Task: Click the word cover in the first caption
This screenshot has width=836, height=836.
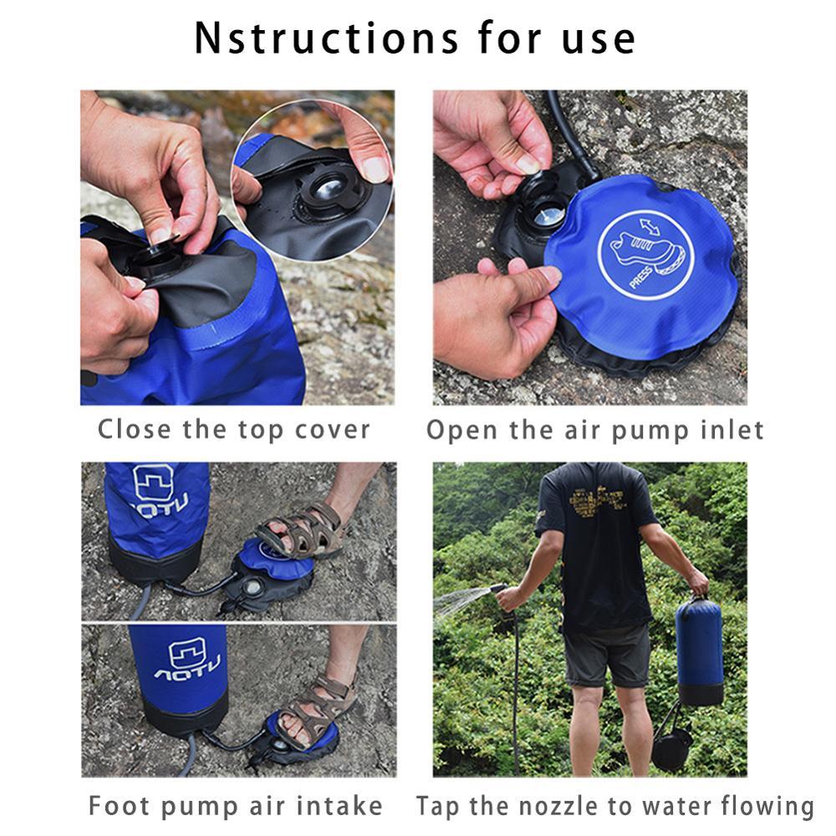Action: [x=333, y=430]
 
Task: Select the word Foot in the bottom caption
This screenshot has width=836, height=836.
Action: [x=120, y=806]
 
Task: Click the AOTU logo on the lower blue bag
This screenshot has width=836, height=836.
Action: [x=185, y=660]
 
